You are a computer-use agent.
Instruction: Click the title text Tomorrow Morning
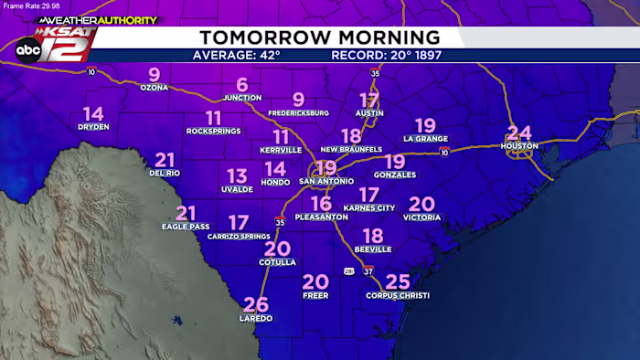pos(320,37)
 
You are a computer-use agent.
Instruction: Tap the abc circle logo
pos(27,50)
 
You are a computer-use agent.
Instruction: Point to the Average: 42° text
pos(236,55)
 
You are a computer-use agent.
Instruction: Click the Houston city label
pos(519,145)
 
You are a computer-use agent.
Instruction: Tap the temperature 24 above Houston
pos(519,132)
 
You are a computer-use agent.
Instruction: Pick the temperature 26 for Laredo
pos(256,304)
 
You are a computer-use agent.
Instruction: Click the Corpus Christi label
pos(397,295)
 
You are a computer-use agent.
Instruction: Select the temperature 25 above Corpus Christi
pos(398,281)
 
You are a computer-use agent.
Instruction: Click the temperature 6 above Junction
pos(242,85)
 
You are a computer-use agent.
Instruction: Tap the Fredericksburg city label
pos(298,113)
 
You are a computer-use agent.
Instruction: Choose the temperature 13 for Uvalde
pos(237,175)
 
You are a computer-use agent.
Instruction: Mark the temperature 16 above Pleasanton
pos(321,203)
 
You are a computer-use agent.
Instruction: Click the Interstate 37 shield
pos(368,270)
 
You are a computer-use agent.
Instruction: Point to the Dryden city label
pos(93,127)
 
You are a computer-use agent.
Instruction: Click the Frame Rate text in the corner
pos(29,6)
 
